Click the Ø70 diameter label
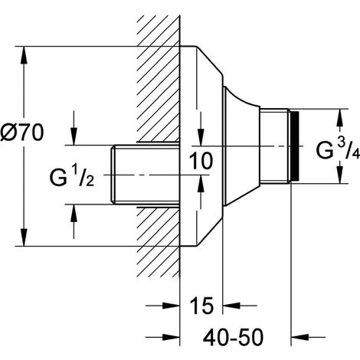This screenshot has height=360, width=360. pos(22,133)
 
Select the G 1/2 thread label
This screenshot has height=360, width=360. pos(72,176)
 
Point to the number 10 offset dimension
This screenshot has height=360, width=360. pos(201,161)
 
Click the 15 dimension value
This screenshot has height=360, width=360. pos(201,306)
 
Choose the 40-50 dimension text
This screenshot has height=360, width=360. pos(233,338)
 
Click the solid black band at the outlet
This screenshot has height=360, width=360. pos(295,146)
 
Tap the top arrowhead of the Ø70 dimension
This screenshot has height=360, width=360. pos(24,55)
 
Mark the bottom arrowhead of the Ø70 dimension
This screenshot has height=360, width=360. pos(24,237)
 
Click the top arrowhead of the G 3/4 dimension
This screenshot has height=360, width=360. pos(339,117)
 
